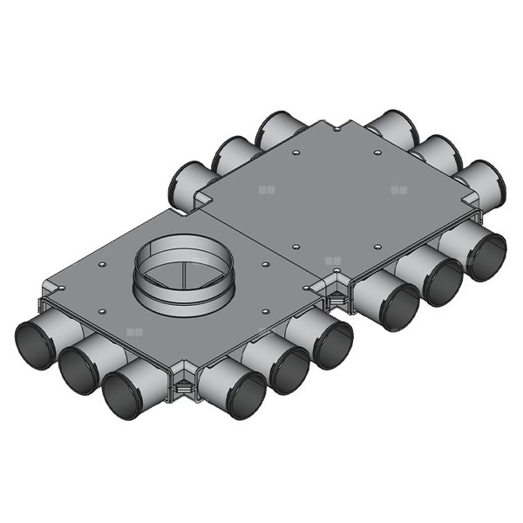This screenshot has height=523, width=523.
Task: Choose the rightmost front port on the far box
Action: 486,256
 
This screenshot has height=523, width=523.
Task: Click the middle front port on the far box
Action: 442,281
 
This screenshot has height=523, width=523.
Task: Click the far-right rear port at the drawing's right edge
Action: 489,182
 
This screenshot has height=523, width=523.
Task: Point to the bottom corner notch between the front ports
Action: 184,380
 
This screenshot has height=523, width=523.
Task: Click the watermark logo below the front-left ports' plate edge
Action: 133,332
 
